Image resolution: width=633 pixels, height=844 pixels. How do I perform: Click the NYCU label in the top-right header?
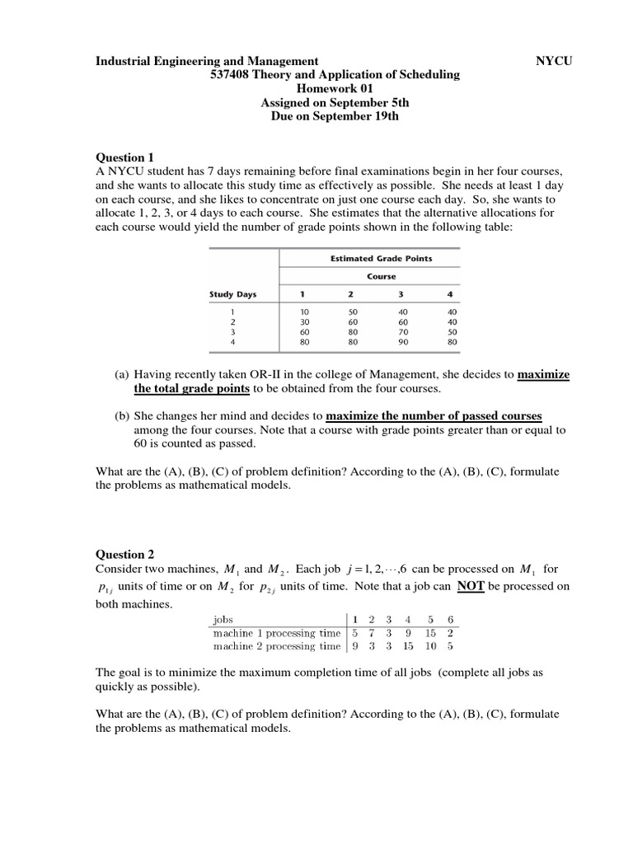tap(554, 61)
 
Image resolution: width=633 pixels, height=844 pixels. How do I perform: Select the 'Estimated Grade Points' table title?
tap(381, 258)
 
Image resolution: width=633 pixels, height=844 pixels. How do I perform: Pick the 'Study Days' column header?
tap(233, 294)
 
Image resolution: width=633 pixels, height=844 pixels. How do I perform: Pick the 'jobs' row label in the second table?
tap(223, 619)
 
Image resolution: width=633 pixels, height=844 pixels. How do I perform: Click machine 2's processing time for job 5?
tap(429, 646)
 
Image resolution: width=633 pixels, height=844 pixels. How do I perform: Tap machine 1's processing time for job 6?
tap(452, 633)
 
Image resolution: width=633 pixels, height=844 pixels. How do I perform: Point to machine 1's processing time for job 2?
tap(371, 633)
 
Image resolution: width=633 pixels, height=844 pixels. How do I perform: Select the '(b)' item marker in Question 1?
tap(121, 415)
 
